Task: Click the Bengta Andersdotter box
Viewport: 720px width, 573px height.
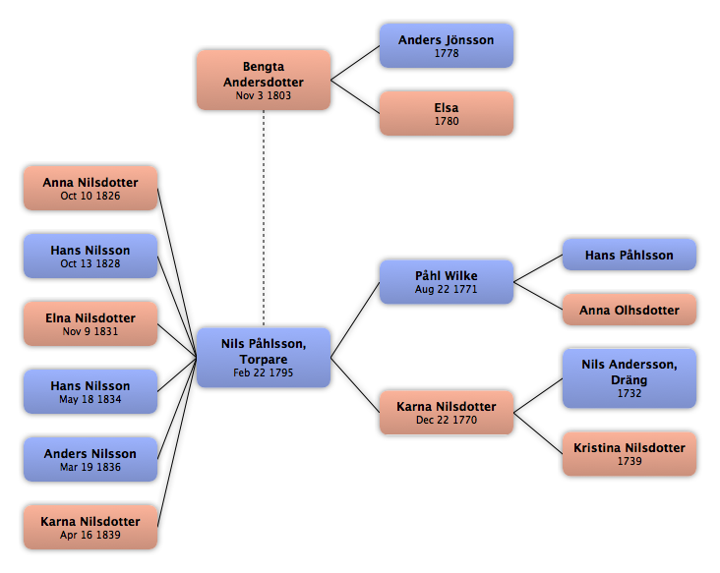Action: point(264,80)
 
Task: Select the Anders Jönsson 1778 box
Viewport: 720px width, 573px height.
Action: point(447,46)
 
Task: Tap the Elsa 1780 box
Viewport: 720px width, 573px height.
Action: point(447,113)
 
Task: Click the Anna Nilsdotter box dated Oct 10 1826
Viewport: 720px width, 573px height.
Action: point(90,188)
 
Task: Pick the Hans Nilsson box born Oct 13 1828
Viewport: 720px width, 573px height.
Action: point(90,256)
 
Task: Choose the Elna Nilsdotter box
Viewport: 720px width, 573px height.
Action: point(90,324)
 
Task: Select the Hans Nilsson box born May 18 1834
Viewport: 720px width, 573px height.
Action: point(90,392)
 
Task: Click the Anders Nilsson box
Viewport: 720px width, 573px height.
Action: point(90,460)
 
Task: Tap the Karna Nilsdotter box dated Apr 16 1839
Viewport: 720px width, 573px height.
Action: point(90,527)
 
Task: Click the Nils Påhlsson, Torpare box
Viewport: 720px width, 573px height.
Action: point(264,358)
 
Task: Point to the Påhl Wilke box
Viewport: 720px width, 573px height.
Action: point(447,282)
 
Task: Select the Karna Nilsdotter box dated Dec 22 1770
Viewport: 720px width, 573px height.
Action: point(447,413)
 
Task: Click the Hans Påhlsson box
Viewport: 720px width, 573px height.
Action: point(630,255)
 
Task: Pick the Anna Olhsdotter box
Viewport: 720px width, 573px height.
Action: point(630,310)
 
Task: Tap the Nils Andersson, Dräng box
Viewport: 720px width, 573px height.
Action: point(630,378)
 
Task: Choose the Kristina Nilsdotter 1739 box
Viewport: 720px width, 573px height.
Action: point(630,454)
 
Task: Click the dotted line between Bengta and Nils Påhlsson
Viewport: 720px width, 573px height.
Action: point(264,219)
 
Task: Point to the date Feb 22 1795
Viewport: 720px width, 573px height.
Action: point(263,372)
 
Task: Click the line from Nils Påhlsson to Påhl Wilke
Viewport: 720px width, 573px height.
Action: point(355,319)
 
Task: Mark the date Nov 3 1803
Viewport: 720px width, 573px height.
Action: point(263,95)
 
